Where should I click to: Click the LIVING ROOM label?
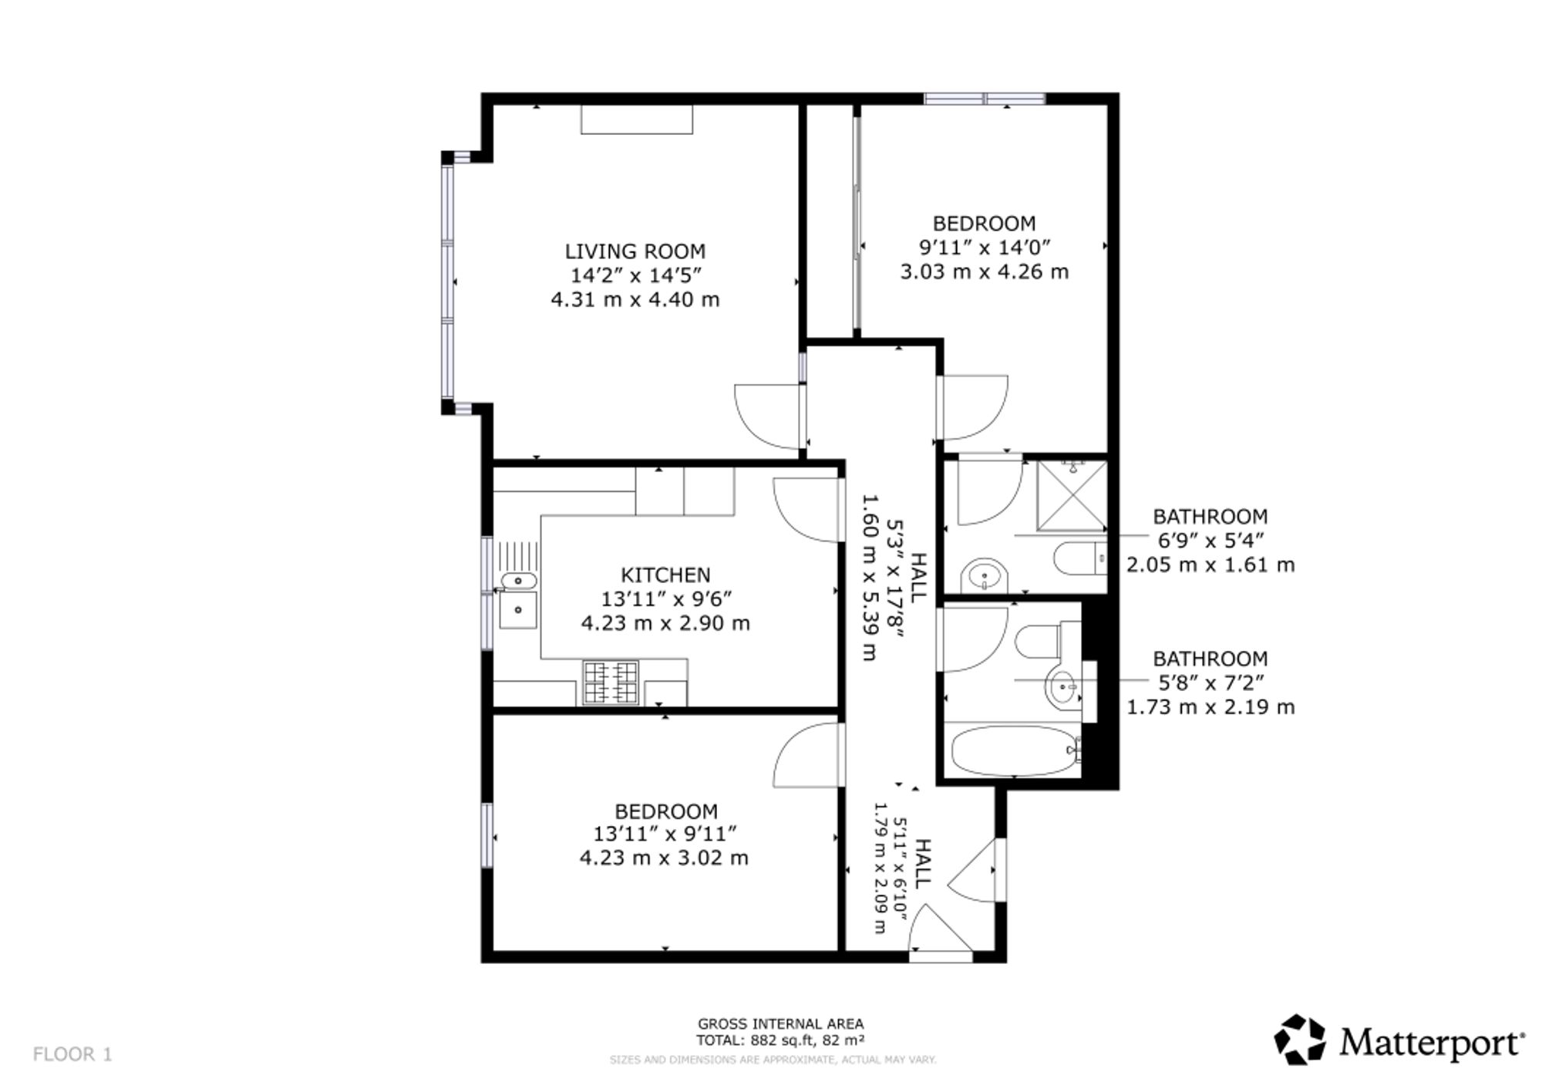click(x=635, y=251)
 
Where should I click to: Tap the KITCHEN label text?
click(x=665, y=575)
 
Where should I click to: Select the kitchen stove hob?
click(x=611, y=683)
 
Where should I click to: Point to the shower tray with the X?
click(x=1072, y=495)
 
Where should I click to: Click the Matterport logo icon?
click(x=1300, y=1039)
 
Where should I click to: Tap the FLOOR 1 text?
click(x=72, y=1054)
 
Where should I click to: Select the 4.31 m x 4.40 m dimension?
click(x=635, y=299)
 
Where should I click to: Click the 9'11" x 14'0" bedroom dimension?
click(x=985, y=248)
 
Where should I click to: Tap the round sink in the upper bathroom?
click(x=985, y=575)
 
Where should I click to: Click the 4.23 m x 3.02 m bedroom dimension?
click(x=664, y=858)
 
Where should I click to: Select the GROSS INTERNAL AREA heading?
click(x=780, y=1024)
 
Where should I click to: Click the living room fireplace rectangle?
click(x=637, y=120)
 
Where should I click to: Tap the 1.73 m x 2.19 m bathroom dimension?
click(x=1210, y=707)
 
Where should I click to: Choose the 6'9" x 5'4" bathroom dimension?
click(x=1210, y=541)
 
